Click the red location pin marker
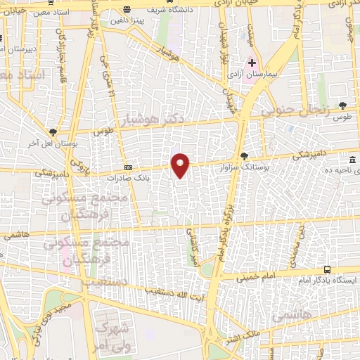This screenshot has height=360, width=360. [x=181, y=165]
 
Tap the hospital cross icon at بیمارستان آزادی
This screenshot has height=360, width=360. [x=252, y=63]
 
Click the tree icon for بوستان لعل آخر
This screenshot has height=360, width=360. [x=53, y=131]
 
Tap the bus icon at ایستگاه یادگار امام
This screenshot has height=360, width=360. [x=327, y=269]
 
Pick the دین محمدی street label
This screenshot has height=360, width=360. [x=301, y=243]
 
